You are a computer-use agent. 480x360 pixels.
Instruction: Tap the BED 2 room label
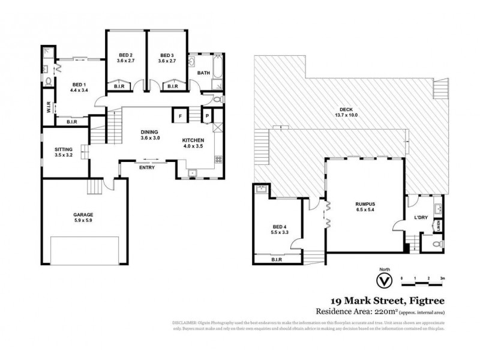(125, 55)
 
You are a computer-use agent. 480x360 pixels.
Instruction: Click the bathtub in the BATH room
(196, 68)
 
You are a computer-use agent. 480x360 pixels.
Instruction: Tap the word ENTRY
(147, 167)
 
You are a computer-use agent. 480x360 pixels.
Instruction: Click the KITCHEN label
(194, 140)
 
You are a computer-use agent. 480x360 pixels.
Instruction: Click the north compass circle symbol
(380, 281)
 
